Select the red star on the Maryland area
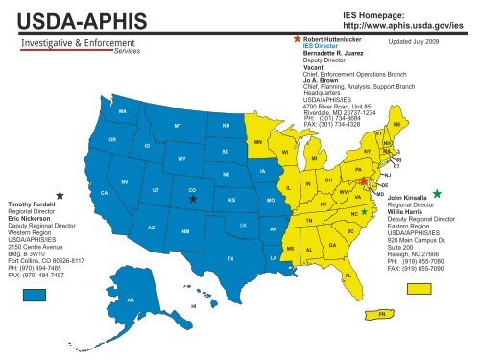[x=363, y=180]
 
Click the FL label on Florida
[x=347, y=276]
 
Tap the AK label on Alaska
[x=131, y=300]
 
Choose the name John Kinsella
[x=412, y=198]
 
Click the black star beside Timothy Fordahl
[x=60, y=195]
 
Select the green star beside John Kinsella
[x=438, y=194]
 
